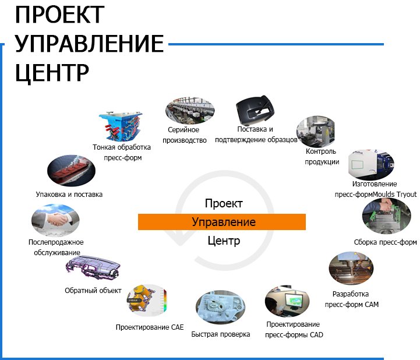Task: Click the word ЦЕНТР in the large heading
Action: [52, 73]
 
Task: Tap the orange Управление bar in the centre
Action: [222, 222]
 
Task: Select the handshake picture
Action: [55, 220]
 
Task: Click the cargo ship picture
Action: [71, 171]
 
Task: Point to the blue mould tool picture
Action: [121, 126]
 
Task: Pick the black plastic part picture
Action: [255, 110]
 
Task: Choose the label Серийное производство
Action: [184, 135]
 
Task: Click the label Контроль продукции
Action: [322, 157]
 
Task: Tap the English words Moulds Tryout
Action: [395, 194]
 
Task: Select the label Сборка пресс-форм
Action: [385, 242]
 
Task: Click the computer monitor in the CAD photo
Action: [294, 301]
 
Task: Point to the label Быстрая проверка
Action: [220, 334]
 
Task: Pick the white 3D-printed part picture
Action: [220, 307]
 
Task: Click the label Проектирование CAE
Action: [150, 327]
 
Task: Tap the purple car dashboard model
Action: [93, 269]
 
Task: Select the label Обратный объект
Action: [93, 290]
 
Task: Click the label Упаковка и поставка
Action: [69, 195]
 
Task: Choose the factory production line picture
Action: [190, 111]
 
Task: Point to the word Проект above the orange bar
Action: [224, 203]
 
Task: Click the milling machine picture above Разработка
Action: [351, 268]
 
